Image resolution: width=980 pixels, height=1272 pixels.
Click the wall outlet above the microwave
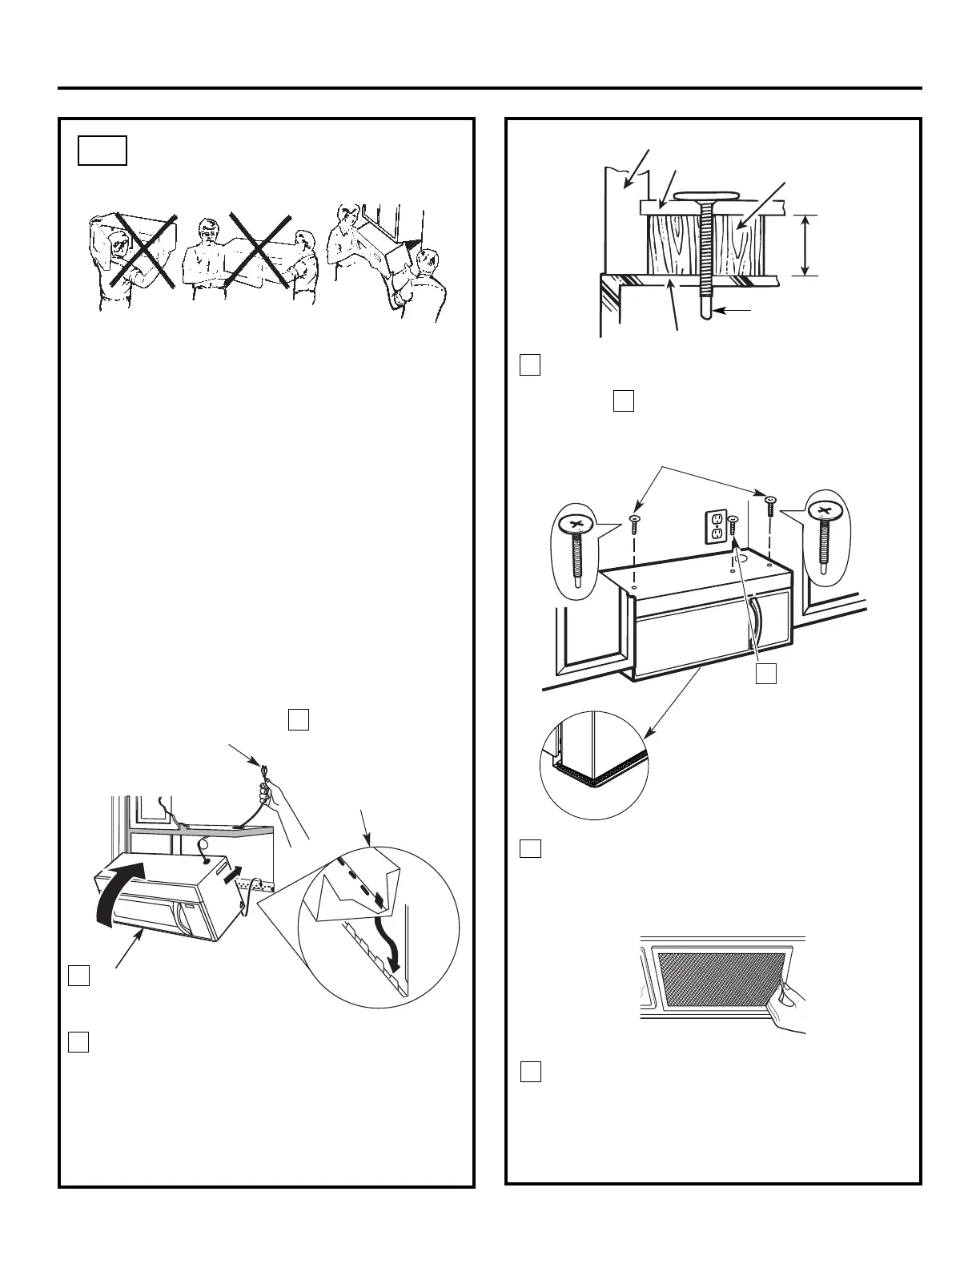coord(716,525)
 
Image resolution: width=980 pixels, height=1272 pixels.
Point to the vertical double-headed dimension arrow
coord(805,245)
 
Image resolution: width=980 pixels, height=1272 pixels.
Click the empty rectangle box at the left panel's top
coord(102,151)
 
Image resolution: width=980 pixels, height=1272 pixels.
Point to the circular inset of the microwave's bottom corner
coord(594,765)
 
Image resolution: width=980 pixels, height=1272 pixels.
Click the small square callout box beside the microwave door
coord(766,674)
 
